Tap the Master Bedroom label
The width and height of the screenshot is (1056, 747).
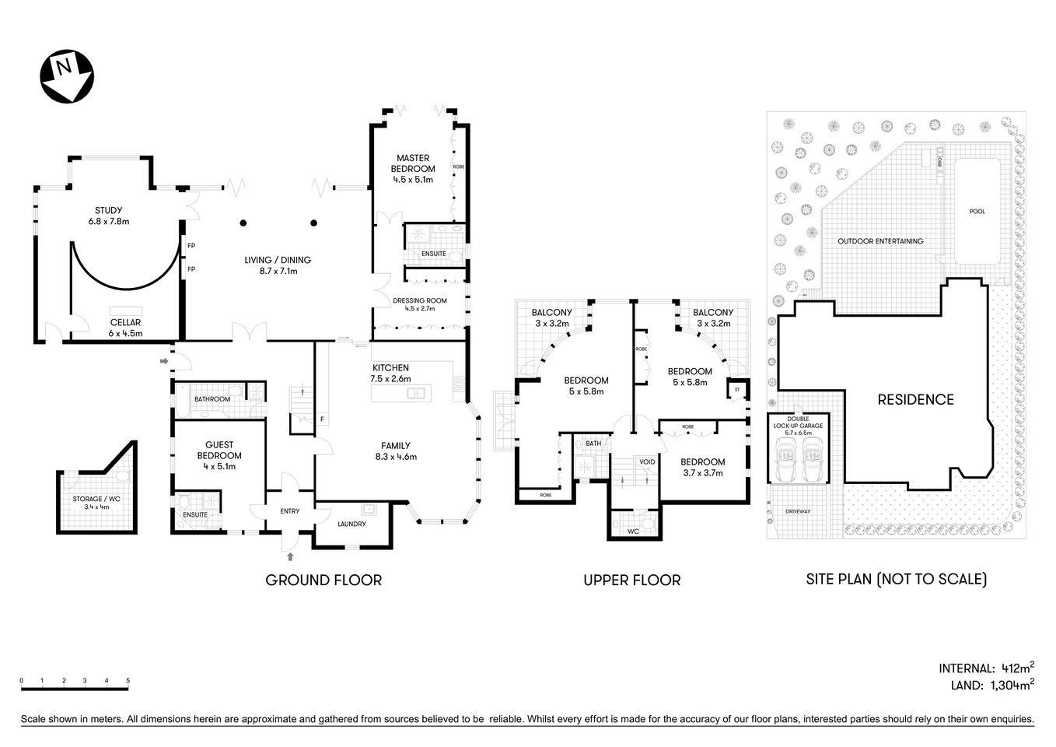click(x=413, y=163)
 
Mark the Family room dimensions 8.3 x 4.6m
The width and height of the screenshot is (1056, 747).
click(x=396, y=457)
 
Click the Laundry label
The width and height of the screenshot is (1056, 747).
click(x=351, y=524)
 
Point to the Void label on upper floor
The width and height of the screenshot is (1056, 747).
click(x=647, y=461)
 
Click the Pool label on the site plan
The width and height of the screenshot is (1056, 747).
click(x=977, y=212)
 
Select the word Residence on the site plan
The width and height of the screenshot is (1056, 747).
click(x=915, y=399)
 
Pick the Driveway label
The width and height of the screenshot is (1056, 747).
click(x=798, y=511)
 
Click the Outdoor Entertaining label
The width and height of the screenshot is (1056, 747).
click(x=880, y=241)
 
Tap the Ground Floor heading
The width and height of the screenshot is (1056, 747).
click(x=323, y=580)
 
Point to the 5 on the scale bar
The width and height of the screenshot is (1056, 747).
click(x=128, y=681)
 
